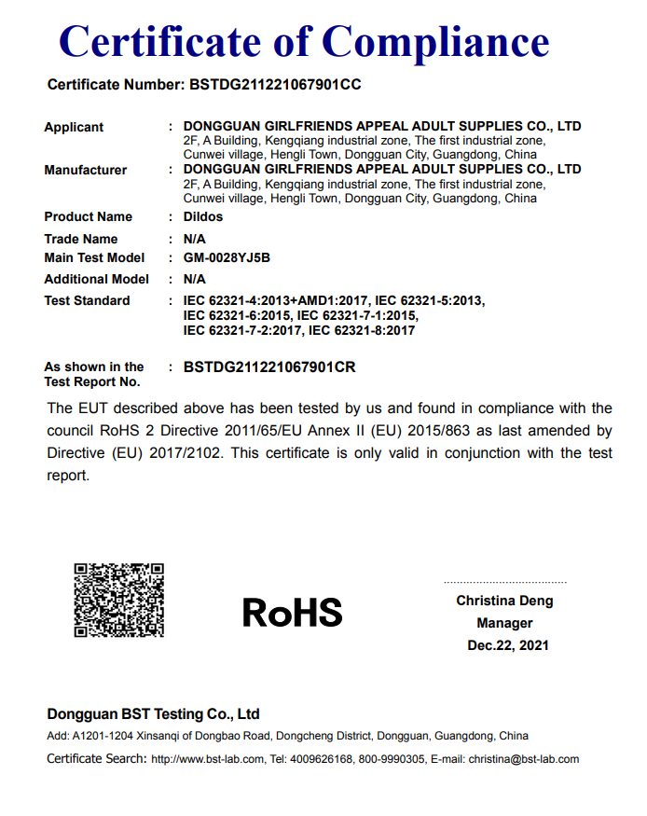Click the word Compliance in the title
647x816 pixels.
(435, 42)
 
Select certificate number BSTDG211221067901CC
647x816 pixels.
(275, 85)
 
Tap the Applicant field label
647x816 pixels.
(74, 127)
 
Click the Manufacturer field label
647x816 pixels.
(86, 170)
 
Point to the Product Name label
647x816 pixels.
(89, 216)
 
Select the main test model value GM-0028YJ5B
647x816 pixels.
(227, 257)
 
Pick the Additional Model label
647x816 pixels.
(96, 279)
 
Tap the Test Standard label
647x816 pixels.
(87, 300)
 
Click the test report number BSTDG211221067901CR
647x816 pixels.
(269, 367)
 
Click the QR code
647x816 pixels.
(119, 601)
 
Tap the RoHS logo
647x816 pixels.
(293, 612)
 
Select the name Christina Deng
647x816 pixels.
(504, 601)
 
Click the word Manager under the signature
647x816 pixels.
(504, 623)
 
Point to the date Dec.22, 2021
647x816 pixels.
(508, 645)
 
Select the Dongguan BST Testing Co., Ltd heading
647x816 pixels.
(153, 714)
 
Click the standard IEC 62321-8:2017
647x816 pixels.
(362, 330)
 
